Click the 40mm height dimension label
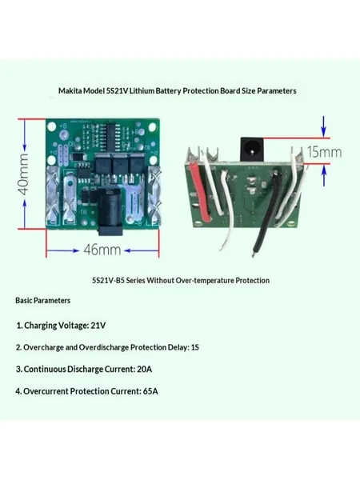pos(24,174)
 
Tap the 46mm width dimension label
pos(102,250)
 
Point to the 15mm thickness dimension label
pos(324,152)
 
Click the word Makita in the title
pos(70,91)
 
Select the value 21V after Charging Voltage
pos(98,325)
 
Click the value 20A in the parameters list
pos(145,369)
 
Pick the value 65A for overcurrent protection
pos(150,391)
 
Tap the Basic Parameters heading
pos(43,300)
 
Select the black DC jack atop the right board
pos(251,149)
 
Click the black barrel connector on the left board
pos(110,211)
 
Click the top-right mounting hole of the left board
pos(152,126)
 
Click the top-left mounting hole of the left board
pos(52,126)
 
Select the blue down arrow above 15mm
pos(324,126)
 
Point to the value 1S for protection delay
pos(195,347)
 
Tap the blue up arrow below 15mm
pos(324,175)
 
